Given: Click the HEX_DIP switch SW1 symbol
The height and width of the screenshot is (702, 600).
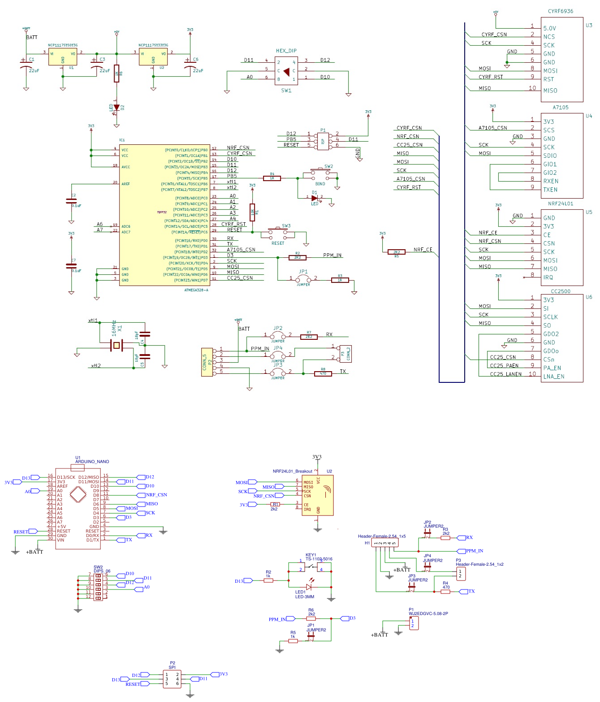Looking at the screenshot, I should (286, 71).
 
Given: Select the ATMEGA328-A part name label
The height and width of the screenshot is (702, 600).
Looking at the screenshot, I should (196, 290).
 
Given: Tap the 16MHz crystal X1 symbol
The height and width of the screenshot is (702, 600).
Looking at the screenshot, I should (117, 345).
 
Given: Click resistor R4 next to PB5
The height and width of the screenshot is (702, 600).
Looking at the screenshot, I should (272, 178).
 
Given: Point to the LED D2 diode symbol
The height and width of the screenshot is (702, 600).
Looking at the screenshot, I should (117, 108).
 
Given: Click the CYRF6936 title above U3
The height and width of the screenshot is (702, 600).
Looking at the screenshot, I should (560, 11).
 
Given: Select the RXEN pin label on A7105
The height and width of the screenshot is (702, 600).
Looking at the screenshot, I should (551, 181).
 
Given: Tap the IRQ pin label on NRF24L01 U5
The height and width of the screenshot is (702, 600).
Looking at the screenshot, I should (548, 277).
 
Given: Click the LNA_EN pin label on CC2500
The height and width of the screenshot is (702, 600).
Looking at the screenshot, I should (553, 377).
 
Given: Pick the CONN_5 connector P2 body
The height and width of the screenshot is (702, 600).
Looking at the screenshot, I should (207, 362).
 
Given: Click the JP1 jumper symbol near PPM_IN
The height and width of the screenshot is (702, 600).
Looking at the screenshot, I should (303, 278).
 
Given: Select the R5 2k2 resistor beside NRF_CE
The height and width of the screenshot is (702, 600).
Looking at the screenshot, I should (396, 252).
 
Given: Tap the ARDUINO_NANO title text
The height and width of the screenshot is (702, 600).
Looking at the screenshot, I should (92, 461).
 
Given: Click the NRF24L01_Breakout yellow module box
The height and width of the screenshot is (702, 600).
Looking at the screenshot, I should (317, 495).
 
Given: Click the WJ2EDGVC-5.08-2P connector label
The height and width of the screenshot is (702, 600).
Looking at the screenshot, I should (428, 614).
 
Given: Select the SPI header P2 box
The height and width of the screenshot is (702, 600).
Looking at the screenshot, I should (172, 679).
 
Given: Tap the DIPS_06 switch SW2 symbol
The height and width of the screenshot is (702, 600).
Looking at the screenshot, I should (98, 585).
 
